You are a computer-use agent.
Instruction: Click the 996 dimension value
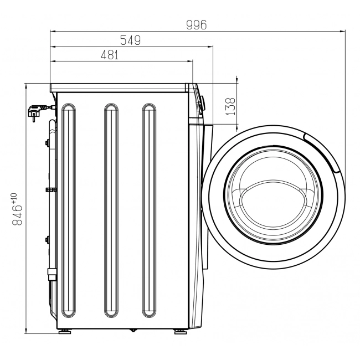tap(196, 25)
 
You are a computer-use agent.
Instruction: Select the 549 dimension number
tap(130, 40)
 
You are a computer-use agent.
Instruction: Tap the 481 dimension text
tap(110, 55)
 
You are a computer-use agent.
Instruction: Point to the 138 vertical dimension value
tap(231, 106)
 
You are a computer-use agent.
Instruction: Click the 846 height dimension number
tap(18, 214)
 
